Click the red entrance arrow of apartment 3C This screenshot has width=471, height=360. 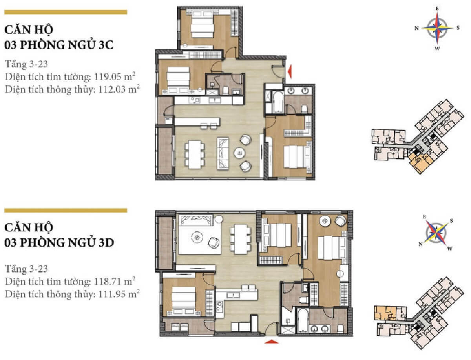pyautogui.click(x=289, y=71)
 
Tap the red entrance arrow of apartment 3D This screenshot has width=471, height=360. pyautogui.click(x=271, y=342)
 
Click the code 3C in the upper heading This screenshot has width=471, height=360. pyautogui.click(x=105, y=45)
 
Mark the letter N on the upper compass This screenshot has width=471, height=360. pyautogui.click(x=416, y=28)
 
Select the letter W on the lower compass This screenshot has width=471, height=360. pyautogui.click(x=450, y=249)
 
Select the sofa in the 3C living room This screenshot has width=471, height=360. pyautogui.click(x=223, y=153)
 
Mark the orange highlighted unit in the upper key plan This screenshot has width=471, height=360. pyautogui.click(x=420, y=162)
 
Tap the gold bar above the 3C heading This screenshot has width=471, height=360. pyautogui.click(x=65, y=12)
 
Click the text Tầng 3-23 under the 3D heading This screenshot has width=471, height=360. pyautogui.click(x=26, y=269)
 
